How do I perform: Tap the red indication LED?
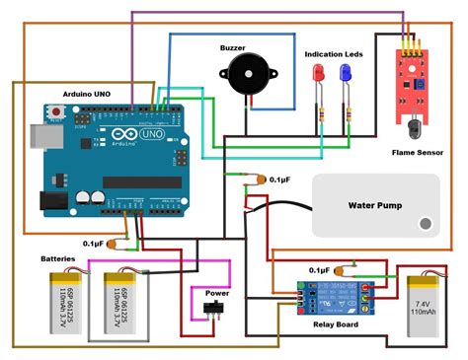(x=319, y=74)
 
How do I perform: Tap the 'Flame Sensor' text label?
(x=418, y=153)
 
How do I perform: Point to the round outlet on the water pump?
(x=426, y=223)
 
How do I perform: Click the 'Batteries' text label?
(x=57, y=258)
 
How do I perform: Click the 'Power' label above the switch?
(x=217, y=293)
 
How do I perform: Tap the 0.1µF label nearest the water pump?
(x=279, y=180)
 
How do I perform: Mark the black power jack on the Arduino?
(x=51, y=201)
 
